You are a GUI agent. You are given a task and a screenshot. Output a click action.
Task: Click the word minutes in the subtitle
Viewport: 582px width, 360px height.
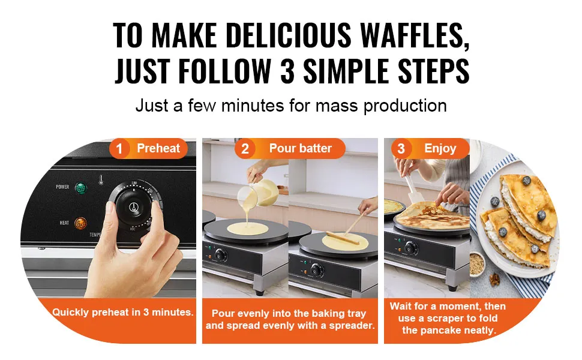click(x=253, y=106)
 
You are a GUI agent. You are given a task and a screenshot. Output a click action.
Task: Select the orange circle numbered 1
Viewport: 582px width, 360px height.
click(x=119, y=149)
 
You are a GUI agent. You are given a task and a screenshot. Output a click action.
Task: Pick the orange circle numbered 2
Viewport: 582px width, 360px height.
click(x=245, y=149)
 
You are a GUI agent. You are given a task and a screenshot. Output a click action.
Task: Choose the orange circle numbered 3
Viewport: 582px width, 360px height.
click(x=401, y=149)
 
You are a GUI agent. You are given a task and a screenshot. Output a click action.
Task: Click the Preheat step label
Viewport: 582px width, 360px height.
click(x=158, y=148)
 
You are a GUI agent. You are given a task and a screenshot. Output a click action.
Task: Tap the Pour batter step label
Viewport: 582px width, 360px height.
click(x=300, y=148)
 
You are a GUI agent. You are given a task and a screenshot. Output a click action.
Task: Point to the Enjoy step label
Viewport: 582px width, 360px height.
click(x=440, y=148)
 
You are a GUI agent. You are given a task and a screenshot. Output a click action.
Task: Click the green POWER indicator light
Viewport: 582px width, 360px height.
click(x=80, y=188)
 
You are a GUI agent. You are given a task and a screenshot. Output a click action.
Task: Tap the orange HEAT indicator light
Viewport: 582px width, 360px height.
click(x=80, y=223)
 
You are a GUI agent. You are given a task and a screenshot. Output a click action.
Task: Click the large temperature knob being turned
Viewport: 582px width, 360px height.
click(x=135, y=206)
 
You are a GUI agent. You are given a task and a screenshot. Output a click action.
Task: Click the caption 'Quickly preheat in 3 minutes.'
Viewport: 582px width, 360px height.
click(x=123, y=312)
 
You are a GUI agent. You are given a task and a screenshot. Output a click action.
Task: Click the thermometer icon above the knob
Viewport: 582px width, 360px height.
click(x=101, y=180)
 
